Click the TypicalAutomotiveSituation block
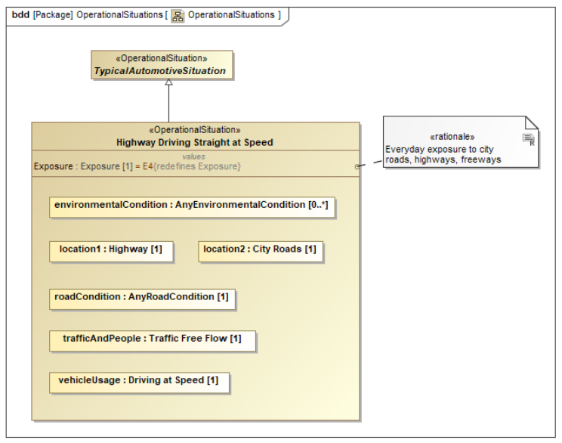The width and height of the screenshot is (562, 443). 162,65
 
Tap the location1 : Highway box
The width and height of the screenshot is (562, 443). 111,250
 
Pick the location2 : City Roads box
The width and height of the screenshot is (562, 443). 260,250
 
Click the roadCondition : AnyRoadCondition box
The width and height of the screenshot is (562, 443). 142,298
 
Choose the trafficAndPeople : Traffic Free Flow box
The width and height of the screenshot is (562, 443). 152,339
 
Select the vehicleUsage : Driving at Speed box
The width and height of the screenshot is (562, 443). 138,381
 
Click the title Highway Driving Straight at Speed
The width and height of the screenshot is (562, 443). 195,142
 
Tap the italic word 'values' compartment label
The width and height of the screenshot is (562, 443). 193,156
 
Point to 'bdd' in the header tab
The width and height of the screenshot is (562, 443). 20,15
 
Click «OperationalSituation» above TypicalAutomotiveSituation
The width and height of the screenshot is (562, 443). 162,58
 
